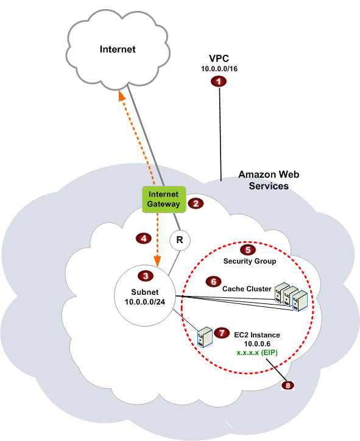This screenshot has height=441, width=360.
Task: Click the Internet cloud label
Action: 118,49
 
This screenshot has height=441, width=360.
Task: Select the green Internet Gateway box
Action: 163,199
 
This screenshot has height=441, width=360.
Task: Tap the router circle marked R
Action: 179,241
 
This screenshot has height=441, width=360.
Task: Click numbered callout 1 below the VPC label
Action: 219,82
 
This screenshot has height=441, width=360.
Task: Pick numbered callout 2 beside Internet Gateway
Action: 196,203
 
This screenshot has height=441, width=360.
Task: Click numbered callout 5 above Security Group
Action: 247,250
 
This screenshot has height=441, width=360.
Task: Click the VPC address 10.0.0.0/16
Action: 219,70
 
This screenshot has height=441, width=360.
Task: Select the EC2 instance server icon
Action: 205,336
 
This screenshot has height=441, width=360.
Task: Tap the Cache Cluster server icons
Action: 291,297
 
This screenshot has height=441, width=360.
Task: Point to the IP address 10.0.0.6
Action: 256,344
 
